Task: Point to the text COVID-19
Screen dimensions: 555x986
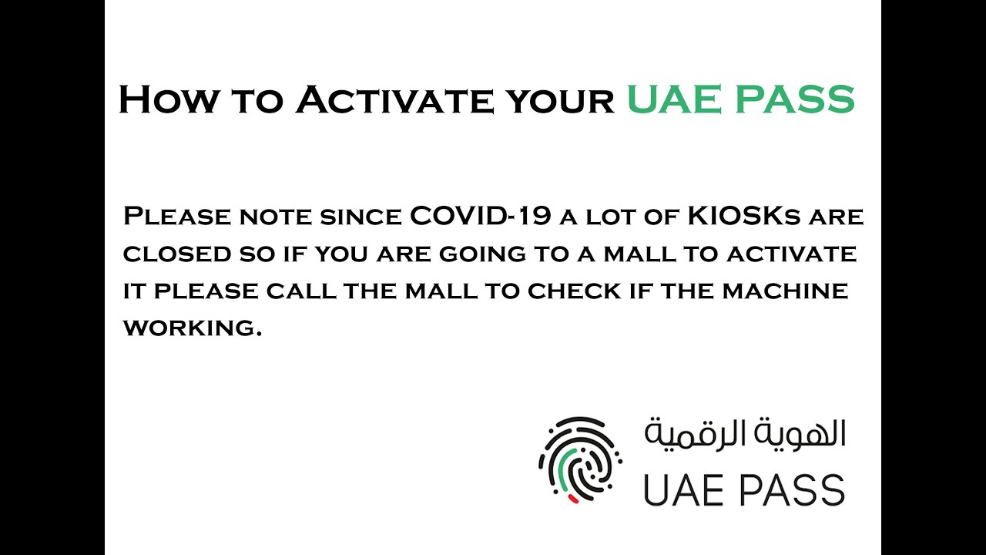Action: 480,217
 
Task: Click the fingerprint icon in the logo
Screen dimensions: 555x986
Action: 579,459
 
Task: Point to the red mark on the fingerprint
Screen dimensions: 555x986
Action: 573,499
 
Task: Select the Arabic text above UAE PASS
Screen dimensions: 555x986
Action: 745,436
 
